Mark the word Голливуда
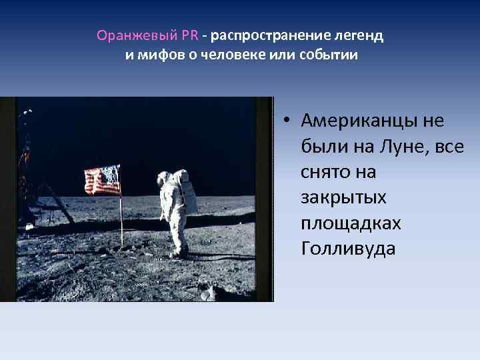pyautogui.click(x=348, y=248)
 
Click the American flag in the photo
pyautogui.click(x=103, y=179)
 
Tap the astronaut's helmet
pyautogui.click(x=165, y=177)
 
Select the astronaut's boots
pyautogui.click(x=178, y=252)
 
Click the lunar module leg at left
pyautogui.click(x=64, y=203)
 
